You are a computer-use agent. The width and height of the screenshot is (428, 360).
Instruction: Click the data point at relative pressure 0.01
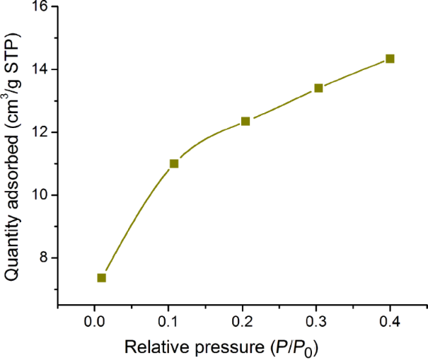coord(102,278)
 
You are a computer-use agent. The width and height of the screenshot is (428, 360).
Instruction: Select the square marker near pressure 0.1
coord(174,163)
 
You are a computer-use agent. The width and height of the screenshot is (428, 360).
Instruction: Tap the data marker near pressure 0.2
coord(245,121)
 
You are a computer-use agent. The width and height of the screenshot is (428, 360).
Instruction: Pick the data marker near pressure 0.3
coord(318,88)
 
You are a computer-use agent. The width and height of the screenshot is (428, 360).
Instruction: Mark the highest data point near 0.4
coord(390,59)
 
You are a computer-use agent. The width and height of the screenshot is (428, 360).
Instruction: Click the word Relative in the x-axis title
coord(154,347)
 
